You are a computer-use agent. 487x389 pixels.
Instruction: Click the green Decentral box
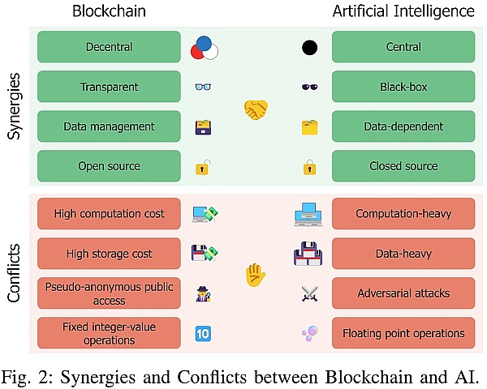click(x=109, y=48)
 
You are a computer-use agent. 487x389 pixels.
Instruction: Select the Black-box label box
click(x=403, y=88)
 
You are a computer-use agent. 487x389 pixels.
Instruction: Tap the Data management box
click(x=109, y=126)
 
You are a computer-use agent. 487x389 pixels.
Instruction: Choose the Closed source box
click(x=403, y=166)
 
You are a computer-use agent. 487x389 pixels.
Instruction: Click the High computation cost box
click(x=109, y=214)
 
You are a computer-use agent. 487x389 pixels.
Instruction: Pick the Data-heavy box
click(x=403, y=254)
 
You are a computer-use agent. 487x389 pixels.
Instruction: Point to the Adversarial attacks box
click(x=403, y=293)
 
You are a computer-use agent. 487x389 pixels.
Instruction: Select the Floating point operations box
click(x=403, y=332)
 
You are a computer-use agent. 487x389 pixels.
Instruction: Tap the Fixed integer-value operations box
click(x=109, y=332)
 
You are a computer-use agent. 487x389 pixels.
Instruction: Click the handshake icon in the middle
click(x=256, y=109)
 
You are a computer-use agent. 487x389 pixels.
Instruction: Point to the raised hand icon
click(x=256, y=276)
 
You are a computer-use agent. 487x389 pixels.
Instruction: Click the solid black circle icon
click(x=309, y=48)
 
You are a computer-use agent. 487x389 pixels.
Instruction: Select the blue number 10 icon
click(x=203, y=332)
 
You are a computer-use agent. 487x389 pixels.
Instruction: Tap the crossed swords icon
click(x=309, y=293)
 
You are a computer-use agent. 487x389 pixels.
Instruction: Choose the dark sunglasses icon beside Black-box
click(x=309, y=88)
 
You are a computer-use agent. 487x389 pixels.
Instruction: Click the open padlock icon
click(x=202, y=168)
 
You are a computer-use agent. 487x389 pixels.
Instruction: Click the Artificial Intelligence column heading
click(x=403, y=12)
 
